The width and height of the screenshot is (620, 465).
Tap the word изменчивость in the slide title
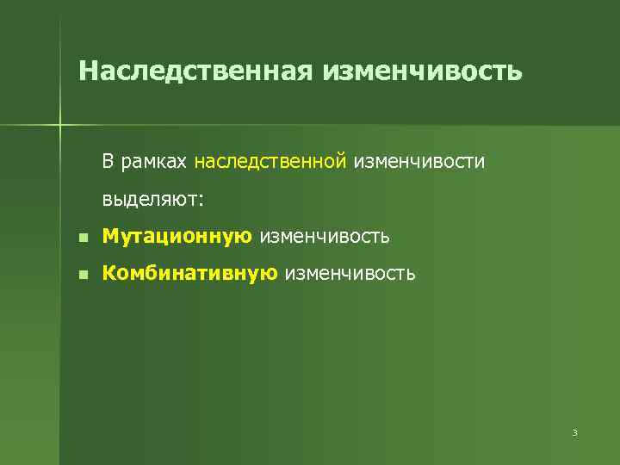pyautogui.click(x=422, y=70)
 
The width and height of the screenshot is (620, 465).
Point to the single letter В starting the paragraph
pyautogui.click(x=108, y=161)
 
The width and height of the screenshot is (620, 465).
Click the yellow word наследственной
pyautogui.click(x=270, y=161)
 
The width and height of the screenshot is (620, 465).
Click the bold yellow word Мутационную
pyautogui.click(x=177, y=236)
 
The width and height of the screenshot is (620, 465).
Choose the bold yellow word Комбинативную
pyautogui.click(x=189, y=274)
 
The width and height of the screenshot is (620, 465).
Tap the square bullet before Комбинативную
pyautogui.click(x=82, y=276)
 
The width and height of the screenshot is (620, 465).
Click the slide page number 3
pyautogui.click(x=573, y=432)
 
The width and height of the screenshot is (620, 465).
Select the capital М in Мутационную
pyautogui.click(x=109, y=236)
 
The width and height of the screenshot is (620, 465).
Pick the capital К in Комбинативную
pyautogui.click(x=108, y=274)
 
